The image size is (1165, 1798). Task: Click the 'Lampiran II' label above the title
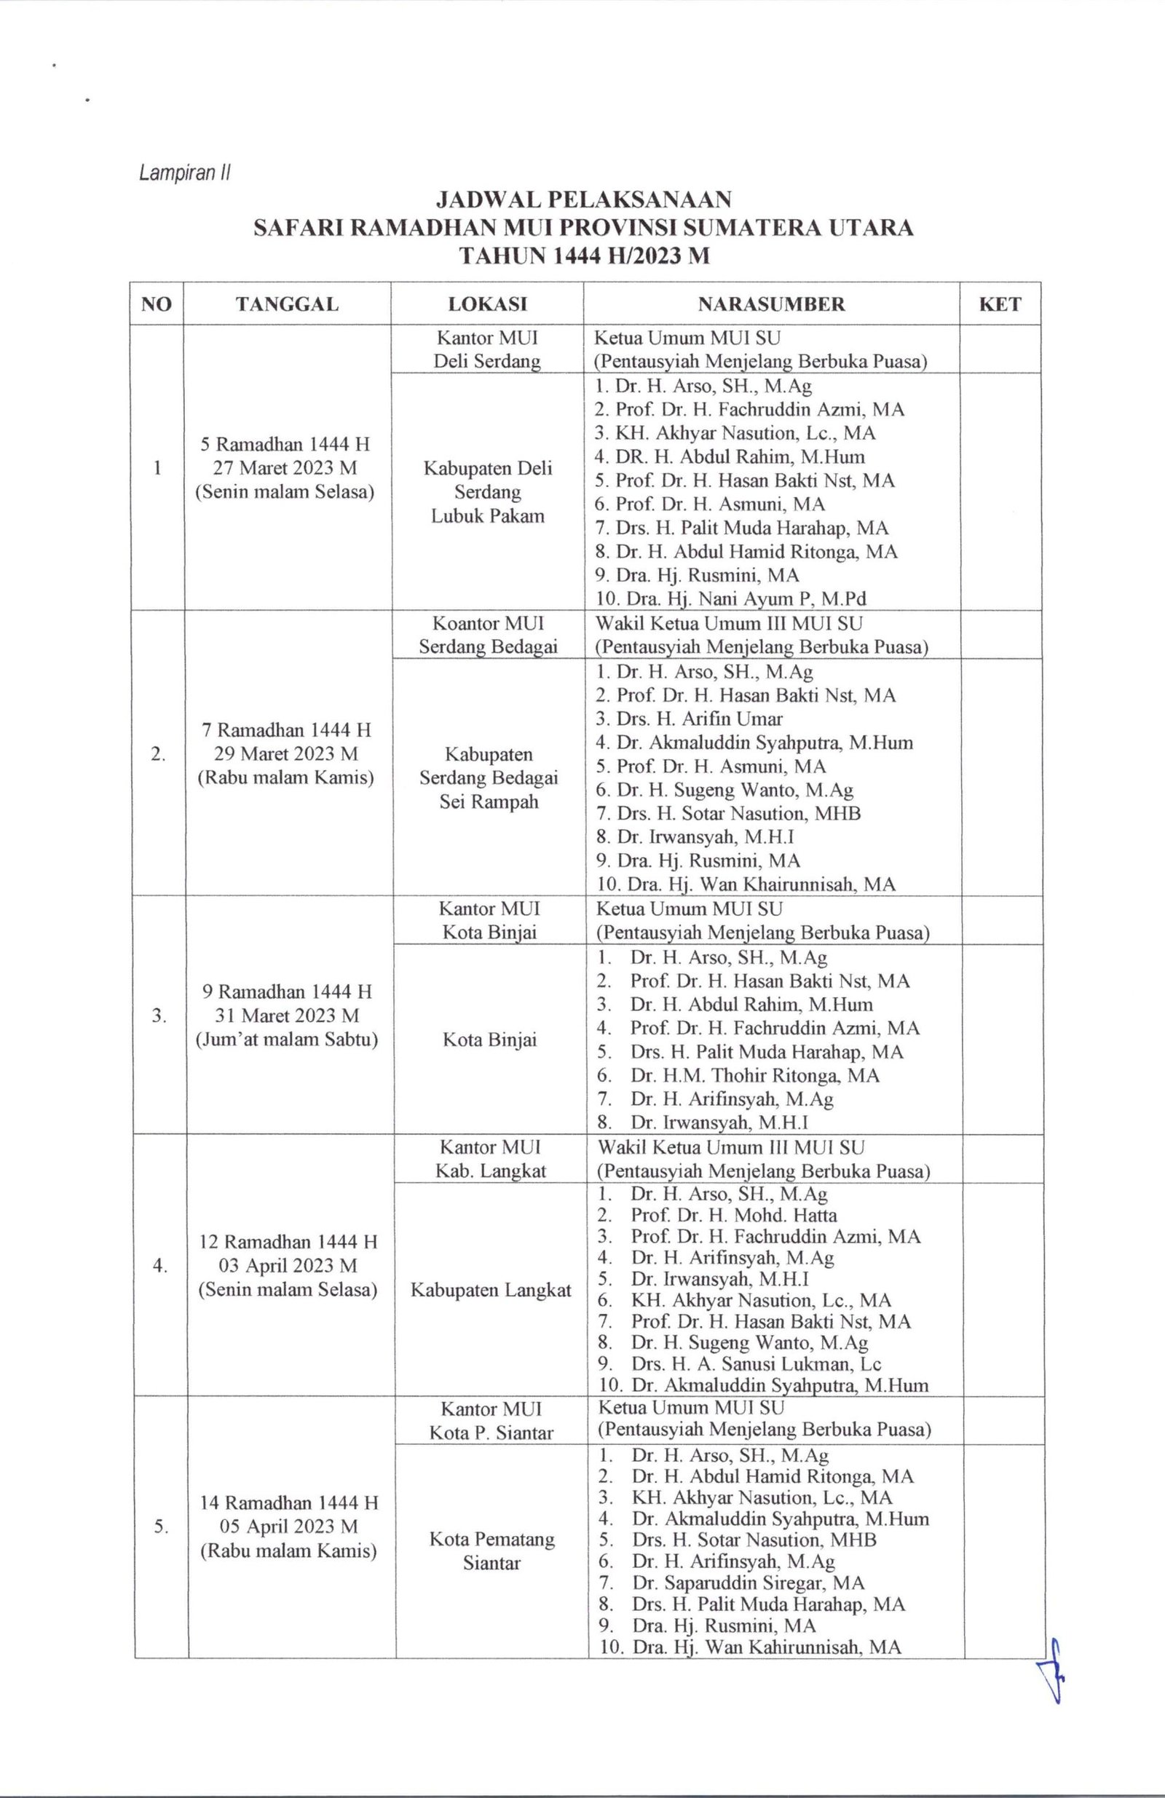click(184, 174)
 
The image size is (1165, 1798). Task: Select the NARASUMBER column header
click(770, 304)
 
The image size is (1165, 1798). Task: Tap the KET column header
click(999, 304)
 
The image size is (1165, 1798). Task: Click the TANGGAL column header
click(287, 304)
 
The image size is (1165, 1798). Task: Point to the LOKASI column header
click(487, 304)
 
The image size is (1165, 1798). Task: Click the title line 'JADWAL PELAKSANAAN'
click(582, 199)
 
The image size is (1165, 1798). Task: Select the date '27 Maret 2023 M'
click(285, 467)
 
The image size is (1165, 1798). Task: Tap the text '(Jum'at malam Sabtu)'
click(286, 1039)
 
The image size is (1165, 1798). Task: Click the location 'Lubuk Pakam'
click(487, 517)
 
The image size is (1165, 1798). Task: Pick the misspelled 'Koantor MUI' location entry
click(488, 624)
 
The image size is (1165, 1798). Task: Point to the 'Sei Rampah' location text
click(488, 801)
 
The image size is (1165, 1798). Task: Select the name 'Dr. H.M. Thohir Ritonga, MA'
click(755, 1075)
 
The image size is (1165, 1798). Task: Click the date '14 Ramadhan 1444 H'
click(288, 1502)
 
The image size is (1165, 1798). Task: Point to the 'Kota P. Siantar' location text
click(491, 1433)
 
